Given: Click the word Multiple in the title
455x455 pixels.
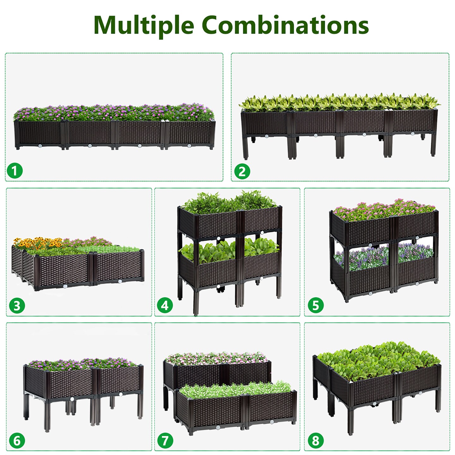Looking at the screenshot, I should [x=144, y=25].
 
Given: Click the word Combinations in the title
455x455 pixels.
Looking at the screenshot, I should [x=285, y=25].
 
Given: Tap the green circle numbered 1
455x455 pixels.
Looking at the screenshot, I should [x=15, y=171].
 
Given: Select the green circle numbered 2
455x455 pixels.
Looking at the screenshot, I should [x=242, y=172].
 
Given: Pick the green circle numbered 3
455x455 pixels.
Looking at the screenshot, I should [x=17, y=306].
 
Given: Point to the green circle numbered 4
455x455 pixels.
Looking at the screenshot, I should [x=165, y=306].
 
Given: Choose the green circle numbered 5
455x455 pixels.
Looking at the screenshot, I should [x=316, y=306].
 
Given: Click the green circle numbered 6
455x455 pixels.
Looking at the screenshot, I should [x=17, y=441].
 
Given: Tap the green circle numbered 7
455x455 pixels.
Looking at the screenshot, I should [x=165, y=441].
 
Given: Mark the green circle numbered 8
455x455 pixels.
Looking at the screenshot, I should [x=316, y=441].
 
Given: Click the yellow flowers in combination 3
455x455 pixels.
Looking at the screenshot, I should [x=38, y=243].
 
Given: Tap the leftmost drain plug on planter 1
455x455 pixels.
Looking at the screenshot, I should [x=40, y=146].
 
